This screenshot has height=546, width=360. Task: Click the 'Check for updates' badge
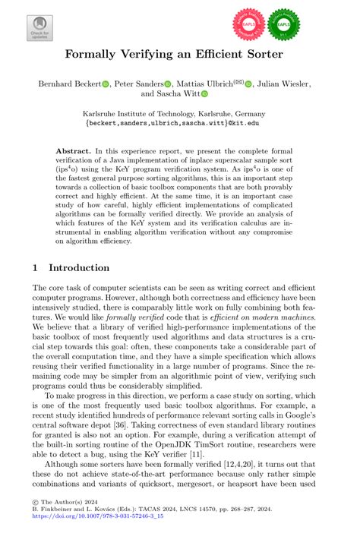40,24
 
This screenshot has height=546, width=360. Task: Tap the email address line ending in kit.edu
179,121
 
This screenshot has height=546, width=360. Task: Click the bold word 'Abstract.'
74,151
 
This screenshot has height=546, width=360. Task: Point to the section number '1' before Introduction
36,267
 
